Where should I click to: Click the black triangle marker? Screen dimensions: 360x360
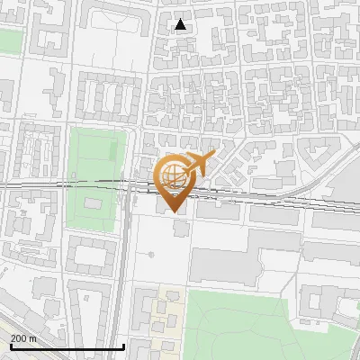(x=181, y=24)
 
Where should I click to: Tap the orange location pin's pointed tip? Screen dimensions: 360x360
(x=173, y=211)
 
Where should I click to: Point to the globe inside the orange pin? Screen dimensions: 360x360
(x=171, y=176)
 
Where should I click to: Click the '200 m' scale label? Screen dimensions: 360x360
(x=23, y=338)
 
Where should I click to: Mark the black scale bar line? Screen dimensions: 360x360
(x=67, y=346)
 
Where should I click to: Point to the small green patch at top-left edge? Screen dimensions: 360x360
(x=10, y=40)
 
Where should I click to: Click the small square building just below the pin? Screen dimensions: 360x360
(x=182, y=229)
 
